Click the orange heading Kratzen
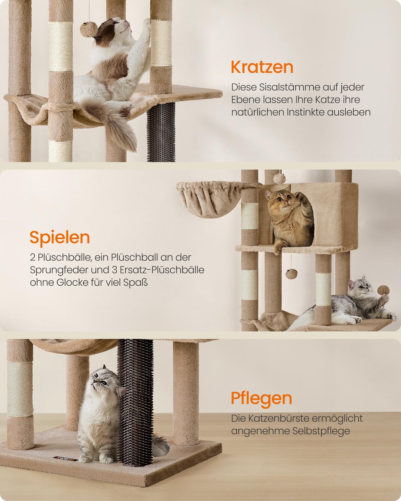pyautogui.click(x=262, y=67)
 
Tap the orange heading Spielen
pyautogui.click(x=60, y=237)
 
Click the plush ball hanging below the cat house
pyautogui.click(x=290, y=274)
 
